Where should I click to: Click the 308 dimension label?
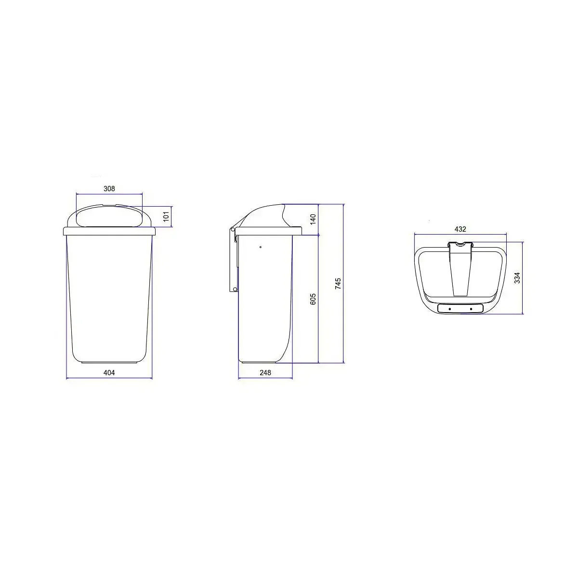pyautogui.click(x=109, y=189)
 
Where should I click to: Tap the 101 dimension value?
pyautogui.click(x=166, y=217)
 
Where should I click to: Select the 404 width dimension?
pyautogui.click(x=109, y=372)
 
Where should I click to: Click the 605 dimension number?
pyautogui.click(x=313, y=300)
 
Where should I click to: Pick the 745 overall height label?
pyautogui.click(x=338, y=283)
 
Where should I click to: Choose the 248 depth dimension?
pyautogui.click(x=265, y=372)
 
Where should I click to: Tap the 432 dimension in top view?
pyautogui.click(x=460, y=229)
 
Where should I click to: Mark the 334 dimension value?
pyautogui.click(x=517, y=278)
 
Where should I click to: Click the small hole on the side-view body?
pyautogui.click(x=260, y=247)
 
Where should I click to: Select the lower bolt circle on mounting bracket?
pyautogui.click(x=235, y=289)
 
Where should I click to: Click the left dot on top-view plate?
pyautogui.click(x=449, y=308)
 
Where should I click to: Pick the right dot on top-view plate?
pyautogui.click(x=471, y=308)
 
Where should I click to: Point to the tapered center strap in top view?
pyautogui.click(x=460, y=275)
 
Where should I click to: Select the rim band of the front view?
pyautogui.click(x=109, y=231)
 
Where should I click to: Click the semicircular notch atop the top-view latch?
pyautogui.click(x=460, y=243)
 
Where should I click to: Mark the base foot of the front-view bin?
pyautogui.click(x=109, y=362)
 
